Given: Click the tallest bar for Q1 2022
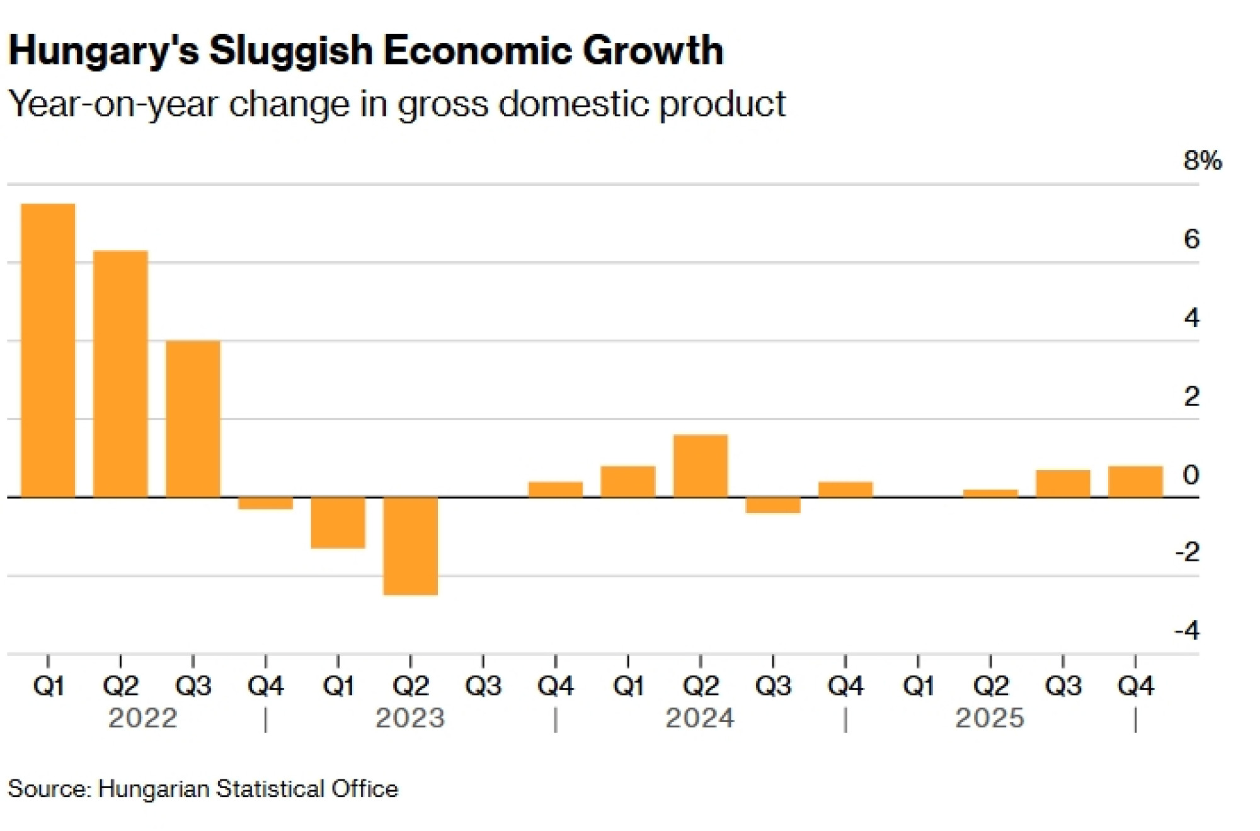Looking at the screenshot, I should pyautogui.click(x=48, y=350).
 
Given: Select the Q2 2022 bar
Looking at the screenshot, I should pyautogui.click(x=120, y=374).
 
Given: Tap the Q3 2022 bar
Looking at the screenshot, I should pyautogui.click(x=193, y=419).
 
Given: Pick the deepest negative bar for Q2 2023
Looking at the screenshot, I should pyautogui.click(x=410, y=546).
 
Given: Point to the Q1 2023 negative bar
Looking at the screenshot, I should pyautogui.click(x=338, y=522).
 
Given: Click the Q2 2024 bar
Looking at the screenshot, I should pyautogui.click(x=700, y=466).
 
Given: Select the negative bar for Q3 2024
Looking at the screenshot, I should pyautogui.click(x=772, y=505).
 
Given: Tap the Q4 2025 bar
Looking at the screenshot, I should pyautogui.click(x=1135, y=482).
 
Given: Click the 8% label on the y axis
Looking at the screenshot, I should pyautogui.click(x=1202, y=161).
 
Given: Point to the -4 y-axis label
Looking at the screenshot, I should pyautogui.click(x=1187, y=630).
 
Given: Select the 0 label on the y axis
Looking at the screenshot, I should pyautogui.click(x=1191, y=475).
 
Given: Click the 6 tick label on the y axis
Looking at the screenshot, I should pyautogui.click(x=1191, y=239).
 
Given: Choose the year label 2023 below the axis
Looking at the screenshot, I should pyautogui.click(x=410, y=718).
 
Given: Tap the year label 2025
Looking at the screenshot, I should pyautogui.click(x=990, y=718).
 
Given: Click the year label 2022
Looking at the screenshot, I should pyautogui.click(x=142, y=718).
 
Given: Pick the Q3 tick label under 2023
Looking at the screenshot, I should pyautogui.click(x=483, y=685).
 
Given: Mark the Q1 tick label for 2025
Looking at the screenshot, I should pyautogui.click(x=918, y=685).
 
